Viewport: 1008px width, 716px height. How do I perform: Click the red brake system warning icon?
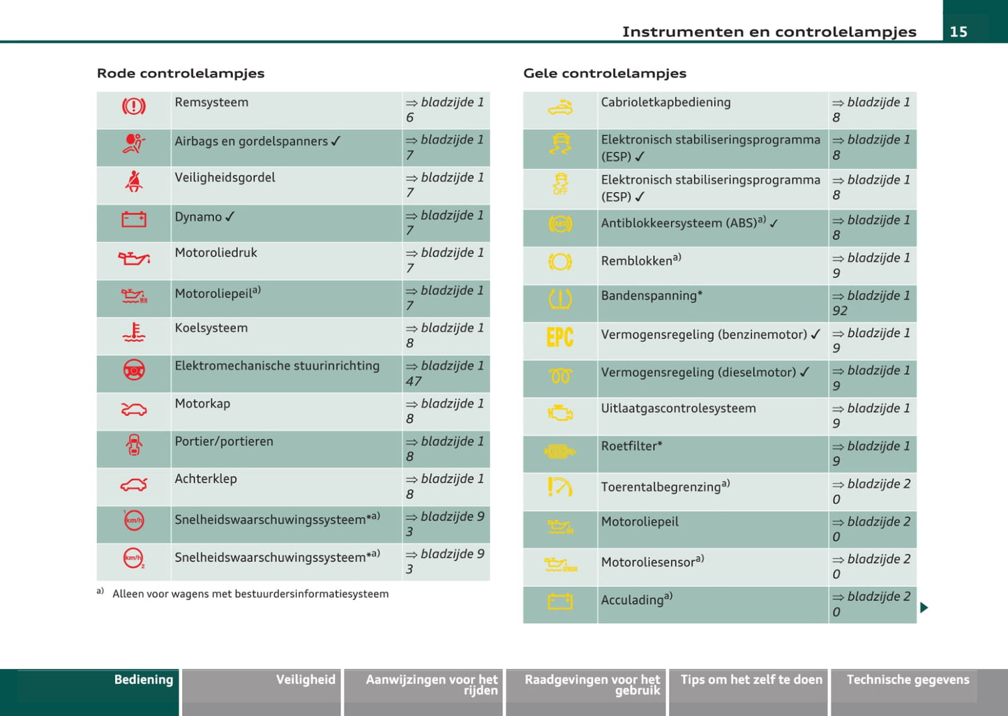(x=134, y=106)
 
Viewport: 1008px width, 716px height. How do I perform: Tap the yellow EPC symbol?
(x=559, y=338)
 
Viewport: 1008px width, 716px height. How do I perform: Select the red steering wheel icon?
(x=134, y=370)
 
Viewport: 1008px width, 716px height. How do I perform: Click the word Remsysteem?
(x=211, y=103)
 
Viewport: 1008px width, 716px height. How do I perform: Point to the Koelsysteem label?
(x=211, y=328)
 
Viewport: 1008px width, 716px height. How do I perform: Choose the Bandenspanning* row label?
(x=652, y=296)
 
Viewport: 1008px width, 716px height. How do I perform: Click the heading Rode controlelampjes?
(x=181, y=73)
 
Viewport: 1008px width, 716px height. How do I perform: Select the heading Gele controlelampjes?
(x=605, y=73)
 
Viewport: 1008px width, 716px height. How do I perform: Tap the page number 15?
(x=958, y=31)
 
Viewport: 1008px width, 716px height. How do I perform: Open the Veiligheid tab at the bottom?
(x=306, y=680)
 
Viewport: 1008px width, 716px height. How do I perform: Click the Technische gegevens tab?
(x=908, y=680)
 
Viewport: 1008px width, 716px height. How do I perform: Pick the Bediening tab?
(x=144, y=680)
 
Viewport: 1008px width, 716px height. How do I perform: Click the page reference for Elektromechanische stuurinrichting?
(x=445, y=373)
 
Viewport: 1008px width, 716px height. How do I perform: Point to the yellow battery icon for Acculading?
(x=560, y=602)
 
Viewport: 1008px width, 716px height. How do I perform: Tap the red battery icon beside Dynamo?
(x=134, y=220)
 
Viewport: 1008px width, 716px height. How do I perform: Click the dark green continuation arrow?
(x=924, y=608)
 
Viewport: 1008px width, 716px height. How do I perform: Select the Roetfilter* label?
(x=631, y=446)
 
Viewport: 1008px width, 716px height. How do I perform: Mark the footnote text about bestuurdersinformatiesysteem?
(x=250, y=594)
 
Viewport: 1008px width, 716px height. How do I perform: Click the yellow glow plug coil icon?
(x=560, y=377)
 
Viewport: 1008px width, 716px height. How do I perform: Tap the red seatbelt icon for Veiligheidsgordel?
(x=134, y=181)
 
